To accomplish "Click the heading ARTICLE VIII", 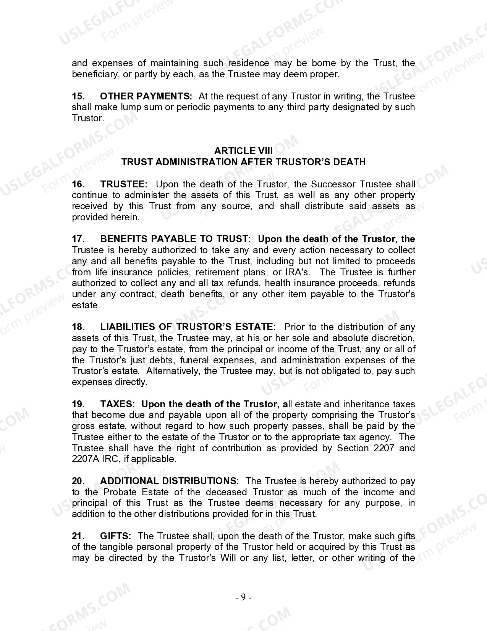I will (x=243, y=151).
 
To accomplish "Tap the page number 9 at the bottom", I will (x=243, y=597).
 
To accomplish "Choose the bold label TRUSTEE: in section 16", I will (x=124, y=184).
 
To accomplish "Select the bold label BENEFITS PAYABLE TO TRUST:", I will (x=175, y=239).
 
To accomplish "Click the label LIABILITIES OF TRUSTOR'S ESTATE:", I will (x=188, y=327).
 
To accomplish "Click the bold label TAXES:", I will (x=118, y=404).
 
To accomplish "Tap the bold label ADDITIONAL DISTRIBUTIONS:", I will (x=169, y=481).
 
